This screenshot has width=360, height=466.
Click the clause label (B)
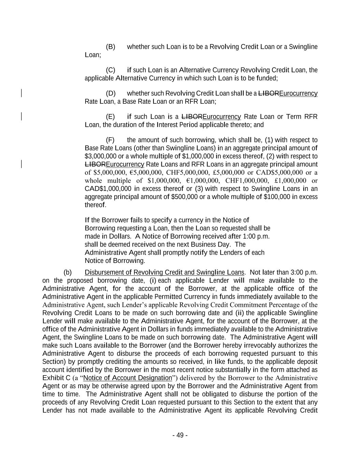click(111, 47)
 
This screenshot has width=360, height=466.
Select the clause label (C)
click(111, 70)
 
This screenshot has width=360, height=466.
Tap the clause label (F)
click(110, 140)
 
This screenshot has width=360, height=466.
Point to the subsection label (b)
click(68, 272)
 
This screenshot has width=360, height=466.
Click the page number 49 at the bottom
click(180, 435)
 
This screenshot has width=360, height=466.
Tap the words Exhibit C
click(56, 378)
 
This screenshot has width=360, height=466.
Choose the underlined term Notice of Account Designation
click(127, 378)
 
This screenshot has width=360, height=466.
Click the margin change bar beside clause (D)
click(21, 93)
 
